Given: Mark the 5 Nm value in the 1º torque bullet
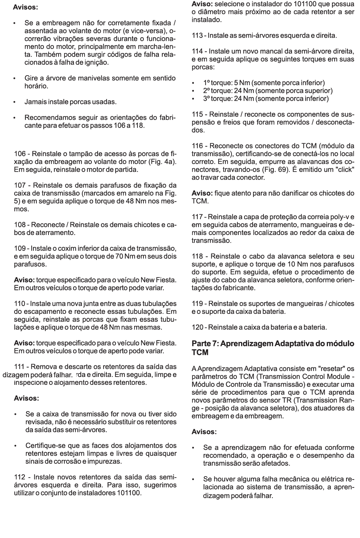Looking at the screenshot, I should coord(241,83).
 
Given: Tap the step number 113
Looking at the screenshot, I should coord(198,36).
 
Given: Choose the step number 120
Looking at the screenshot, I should coord(198,328).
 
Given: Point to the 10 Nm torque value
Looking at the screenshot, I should coord(297,264).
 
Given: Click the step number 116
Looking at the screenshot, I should coord(198,146).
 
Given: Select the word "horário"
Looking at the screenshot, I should coord(36,86).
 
